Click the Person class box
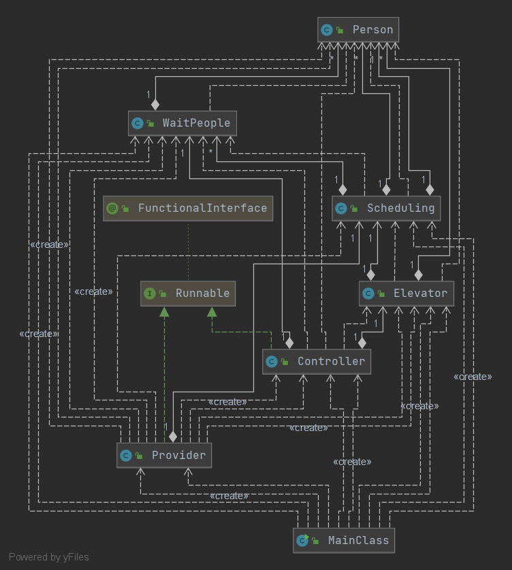click(x=358, y=30)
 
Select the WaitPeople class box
click(x=182, y=123)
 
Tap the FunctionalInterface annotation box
click(x=188, y=208)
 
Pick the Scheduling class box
click(x=386, y=208)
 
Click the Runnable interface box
click(x=188, y=294)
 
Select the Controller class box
click(x=317, y=362)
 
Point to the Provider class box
click(x=164, y=455)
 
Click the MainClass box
click(x=345, y=541)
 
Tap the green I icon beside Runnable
click(x=150, y=294)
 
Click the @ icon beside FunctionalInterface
click(x=112, y=208)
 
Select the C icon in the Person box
click(x=327, y=30)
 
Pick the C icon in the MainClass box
click(x=302, y=541)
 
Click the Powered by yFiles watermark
click(x=49, y=557)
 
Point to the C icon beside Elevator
click(x=368, y=294)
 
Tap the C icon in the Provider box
click(x=125, y=455)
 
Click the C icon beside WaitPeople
click(x=137, y=123)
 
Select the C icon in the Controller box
click(x=272, y=362)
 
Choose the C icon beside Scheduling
click(x=341, y=208)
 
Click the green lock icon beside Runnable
click(x=163, y=294)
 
